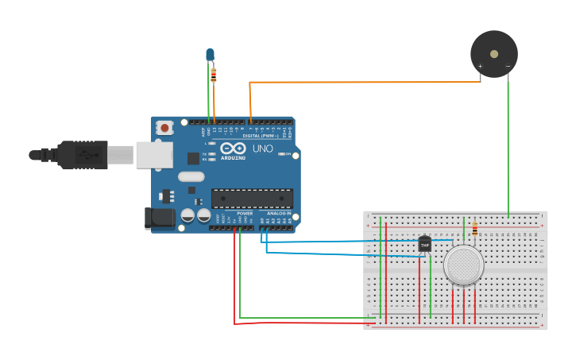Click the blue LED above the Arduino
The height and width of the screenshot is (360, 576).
point(210,54)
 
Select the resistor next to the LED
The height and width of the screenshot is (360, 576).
point(214,75)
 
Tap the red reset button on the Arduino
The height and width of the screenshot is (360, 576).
point(164,127)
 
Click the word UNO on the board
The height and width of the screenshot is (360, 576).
point(262,149)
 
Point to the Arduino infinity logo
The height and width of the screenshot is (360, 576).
point(233,149)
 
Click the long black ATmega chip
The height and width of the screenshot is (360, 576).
point(252,199)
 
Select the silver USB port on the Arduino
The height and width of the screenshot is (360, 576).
point(153,155)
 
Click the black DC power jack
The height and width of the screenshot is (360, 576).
point(160,219)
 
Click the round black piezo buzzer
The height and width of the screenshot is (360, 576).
point(494,54)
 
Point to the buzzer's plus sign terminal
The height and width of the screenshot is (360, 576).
point(480,66)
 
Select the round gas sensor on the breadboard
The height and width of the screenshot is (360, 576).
point(463,265)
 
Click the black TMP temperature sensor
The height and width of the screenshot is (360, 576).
point(424,244)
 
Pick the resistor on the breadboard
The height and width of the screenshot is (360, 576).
point(475,230)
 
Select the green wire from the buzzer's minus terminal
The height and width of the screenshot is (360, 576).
point(508,143)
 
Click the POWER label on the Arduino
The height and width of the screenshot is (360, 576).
point(245,213)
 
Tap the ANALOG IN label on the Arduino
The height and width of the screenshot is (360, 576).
point(277,213)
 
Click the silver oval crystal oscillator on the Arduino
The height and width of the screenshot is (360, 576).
point(191,177)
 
